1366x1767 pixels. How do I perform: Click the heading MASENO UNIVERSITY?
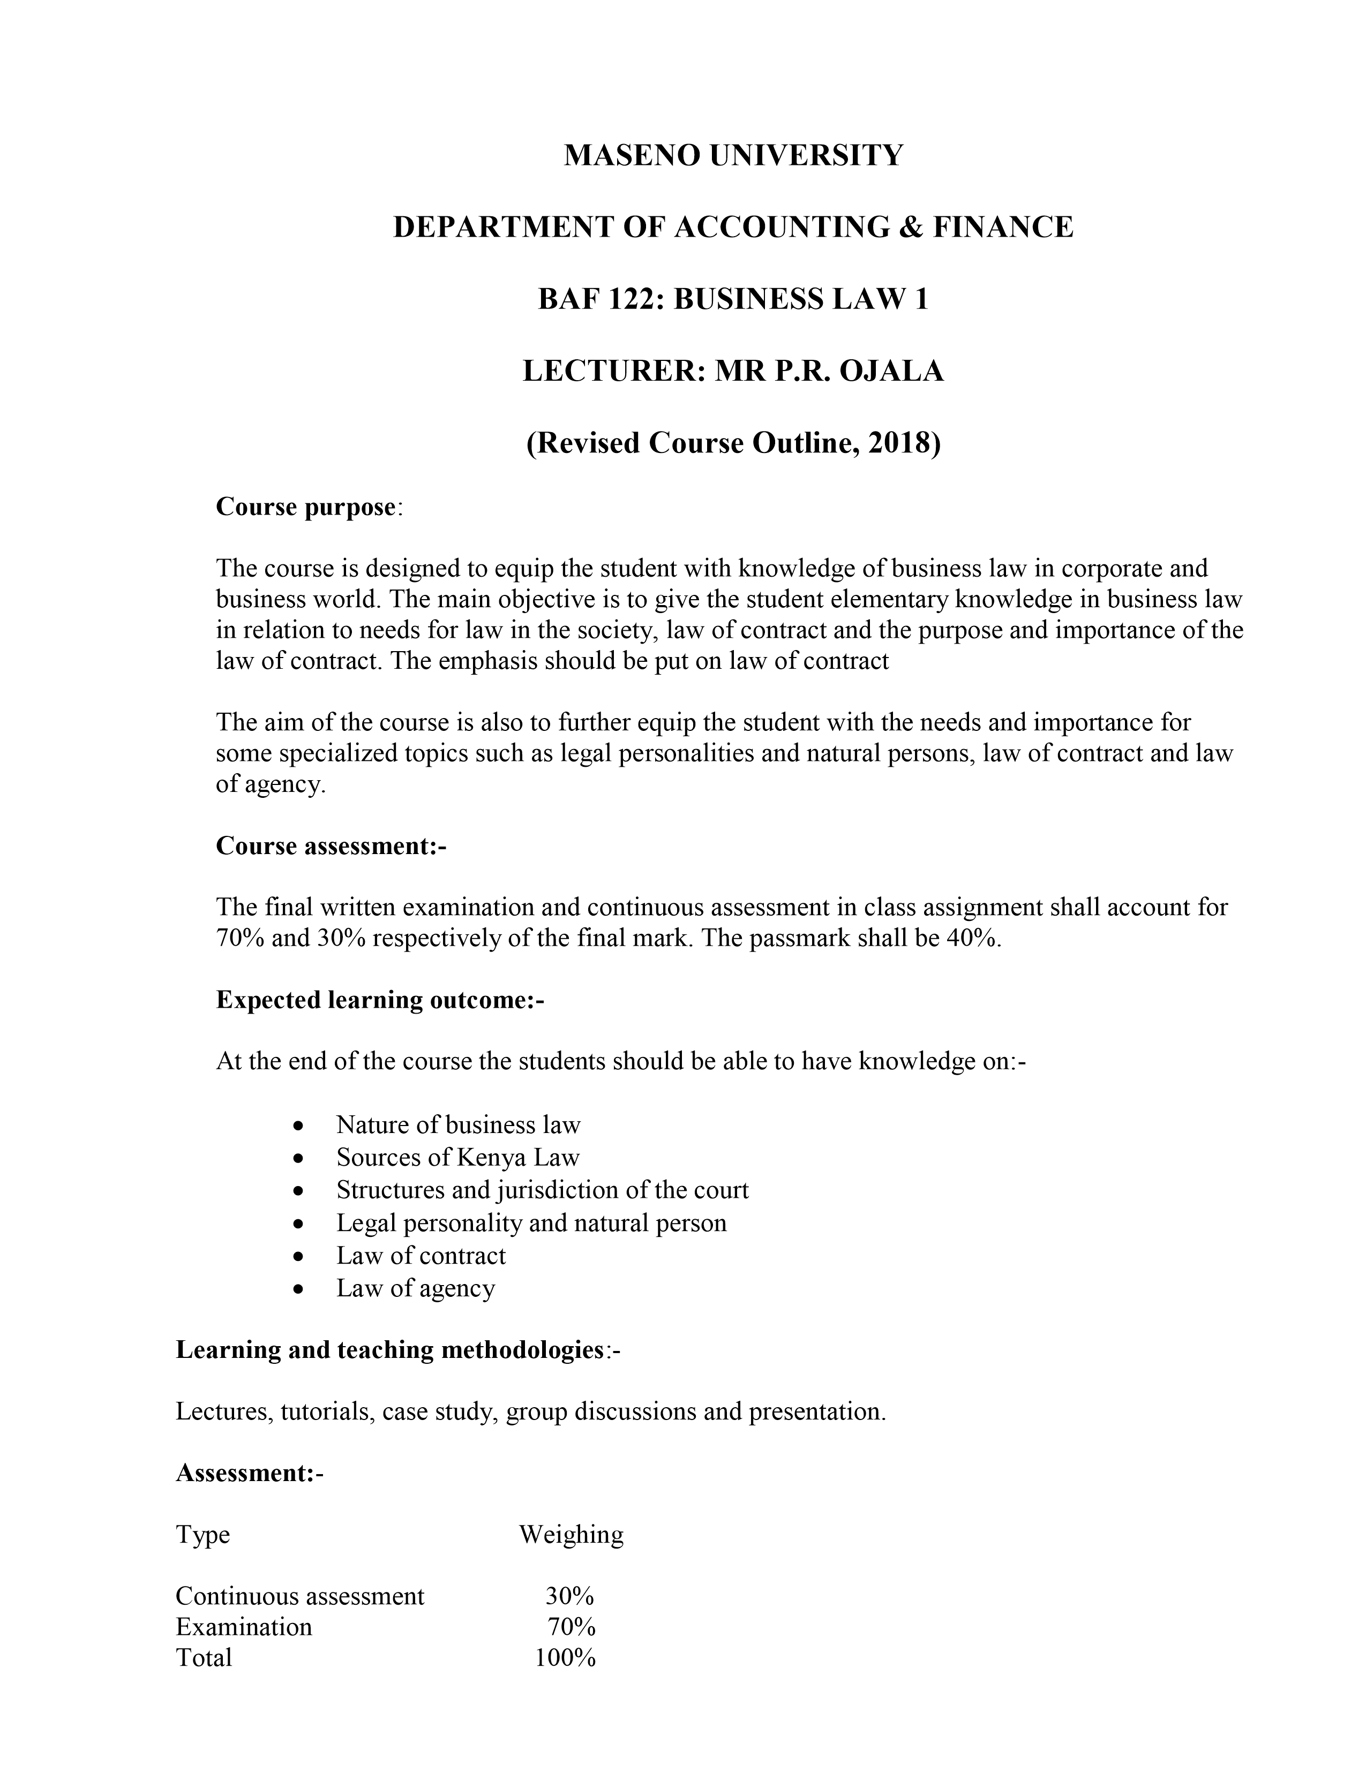(x=732, y=155)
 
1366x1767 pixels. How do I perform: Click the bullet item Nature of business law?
(x=458, y=1124)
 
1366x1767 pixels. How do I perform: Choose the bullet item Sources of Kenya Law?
(x=458, y=1158)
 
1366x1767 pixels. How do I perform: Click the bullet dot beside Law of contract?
(x=299, y=1257)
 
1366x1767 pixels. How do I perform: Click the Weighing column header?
(x=572, y=1535)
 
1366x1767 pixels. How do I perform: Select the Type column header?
(x=202, y=1535)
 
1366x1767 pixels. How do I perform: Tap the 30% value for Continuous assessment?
(x=570, y=1596)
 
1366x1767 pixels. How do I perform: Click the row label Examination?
(x=244, y=1627)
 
